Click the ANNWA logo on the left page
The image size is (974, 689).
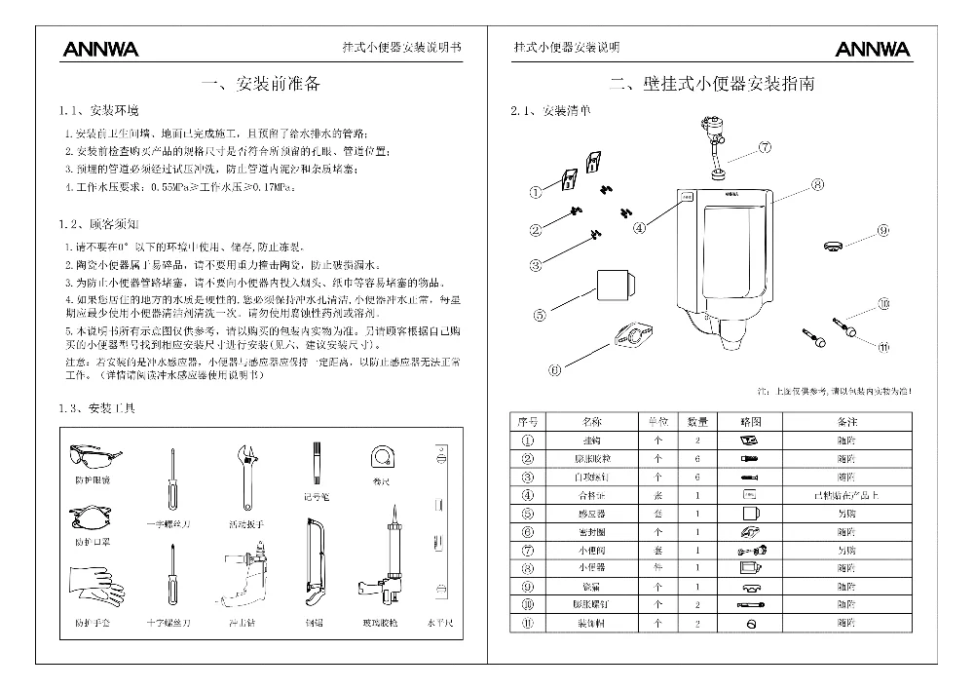pos(100,49)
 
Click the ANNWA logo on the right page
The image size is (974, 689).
pos(872,49)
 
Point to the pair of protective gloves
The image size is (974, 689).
pos(94,588)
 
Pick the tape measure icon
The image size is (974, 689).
pos(382,457)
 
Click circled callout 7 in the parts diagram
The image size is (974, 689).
pos(765,148)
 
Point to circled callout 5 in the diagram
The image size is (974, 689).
pos(539,314)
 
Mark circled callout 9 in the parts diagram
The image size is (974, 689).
pos(882,231)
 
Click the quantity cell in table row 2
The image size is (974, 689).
pos(697,458)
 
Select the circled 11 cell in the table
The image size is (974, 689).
pos(528,623)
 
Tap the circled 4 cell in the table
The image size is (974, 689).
pos(528,495)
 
